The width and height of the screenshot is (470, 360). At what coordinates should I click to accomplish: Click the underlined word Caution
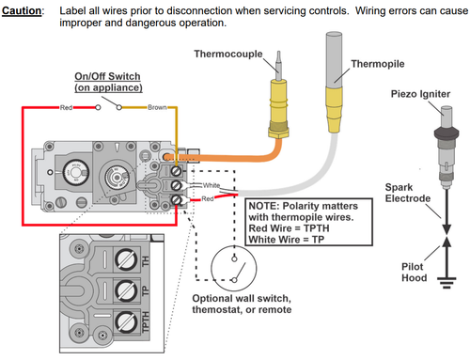pyautogui.click(x=22, y=10)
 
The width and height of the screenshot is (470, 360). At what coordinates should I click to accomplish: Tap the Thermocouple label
pyautogui.click(x=228, y=54)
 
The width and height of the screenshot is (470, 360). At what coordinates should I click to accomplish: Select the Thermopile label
pyautogui.click(x=378, y=64)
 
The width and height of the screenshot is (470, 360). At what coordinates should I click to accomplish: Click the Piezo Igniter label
pyautogui.click(x=420, y=94)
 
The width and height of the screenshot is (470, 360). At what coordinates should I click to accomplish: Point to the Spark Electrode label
pyautogui.click(x=408, y=193)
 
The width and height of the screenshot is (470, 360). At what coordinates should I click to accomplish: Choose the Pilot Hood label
pyautogui.click(x=415, y=272)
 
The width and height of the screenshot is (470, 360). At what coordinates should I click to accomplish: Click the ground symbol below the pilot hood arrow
pyautogui.click(x=446, y=282)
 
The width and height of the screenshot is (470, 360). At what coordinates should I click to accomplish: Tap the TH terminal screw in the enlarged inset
pyautogui.click(x=126, y=259)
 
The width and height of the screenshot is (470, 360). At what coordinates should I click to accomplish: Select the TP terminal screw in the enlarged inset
pyautogui.click(x=126, y=290)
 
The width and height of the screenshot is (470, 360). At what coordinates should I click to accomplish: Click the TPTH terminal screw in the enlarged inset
pyautogui.click(x=126, y=321)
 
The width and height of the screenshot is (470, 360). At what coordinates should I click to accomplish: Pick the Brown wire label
pyautogui.click(x=157, y=107)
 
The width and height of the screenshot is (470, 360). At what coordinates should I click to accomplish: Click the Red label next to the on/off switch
pyautogui.click(x=66, y=107)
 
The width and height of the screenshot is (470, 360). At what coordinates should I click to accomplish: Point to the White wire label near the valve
pyautogui.click(x=211, y=185)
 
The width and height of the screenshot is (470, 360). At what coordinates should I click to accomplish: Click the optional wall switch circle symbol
pyautogui.click(x=234, y=245)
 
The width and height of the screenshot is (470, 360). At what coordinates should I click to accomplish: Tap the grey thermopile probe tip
pyautogui.click(x=334, y=59)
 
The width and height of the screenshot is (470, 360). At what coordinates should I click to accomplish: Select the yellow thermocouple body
pyautogui.click(x=278, y=108)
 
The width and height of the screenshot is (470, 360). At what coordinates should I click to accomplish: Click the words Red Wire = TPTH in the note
pyautogui.click(x=289, y=228)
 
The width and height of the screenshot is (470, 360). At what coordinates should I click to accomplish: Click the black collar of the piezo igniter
pyautogui.click(x=446, y=133)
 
